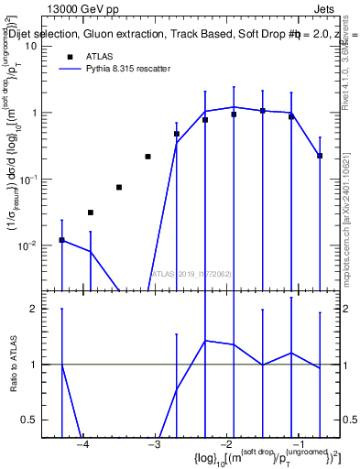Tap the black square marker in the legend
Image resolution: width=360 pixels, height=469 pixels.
pyautogui.click(x=69, y=57)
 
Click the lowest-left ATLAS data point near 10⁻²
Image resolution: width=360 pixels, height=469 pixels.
pyautogui.click(x=61, y=240)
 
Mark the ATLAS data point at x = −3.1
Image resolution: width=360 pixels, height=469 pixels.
pyautogui.click(x=147, y=157)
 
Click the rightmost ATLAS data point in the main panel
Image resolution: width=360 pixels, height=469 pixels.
pyautogui.click(x=320, y=156)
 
